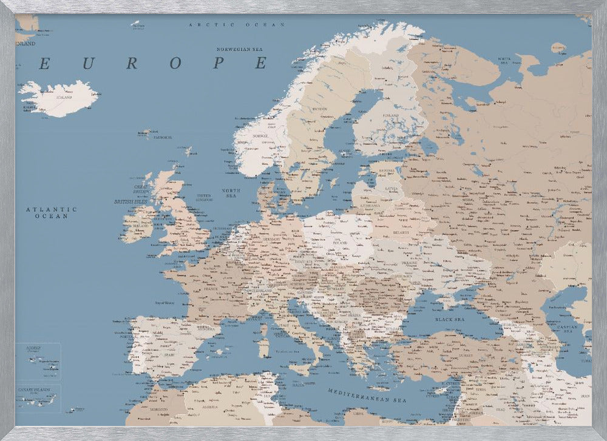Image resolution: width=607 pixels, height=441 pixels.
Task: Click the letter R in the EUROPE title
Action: point(132,62)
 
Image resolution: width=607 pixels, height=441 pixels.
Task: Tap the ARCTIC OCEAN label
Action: point(237,25)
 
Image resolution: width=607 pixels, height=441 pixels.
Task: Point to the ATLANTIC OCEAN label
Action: point(52,212)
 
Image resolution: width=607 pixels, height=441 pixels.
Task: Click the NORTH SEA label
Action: point(231,193)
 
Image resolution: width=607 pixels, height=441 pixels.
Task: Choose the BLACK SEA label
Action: point(449,318)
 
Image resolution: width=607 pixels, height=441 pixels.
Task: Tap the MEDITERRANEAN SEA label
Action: point(367,396)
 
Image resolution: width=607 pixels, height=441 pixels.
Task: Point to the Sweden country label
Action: point(319,109)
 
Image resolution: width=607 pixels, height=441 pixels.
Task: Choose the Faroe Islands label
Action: point(162,138)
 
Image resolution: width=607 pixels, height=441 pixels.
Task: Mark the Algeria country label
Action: point(210,407)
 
